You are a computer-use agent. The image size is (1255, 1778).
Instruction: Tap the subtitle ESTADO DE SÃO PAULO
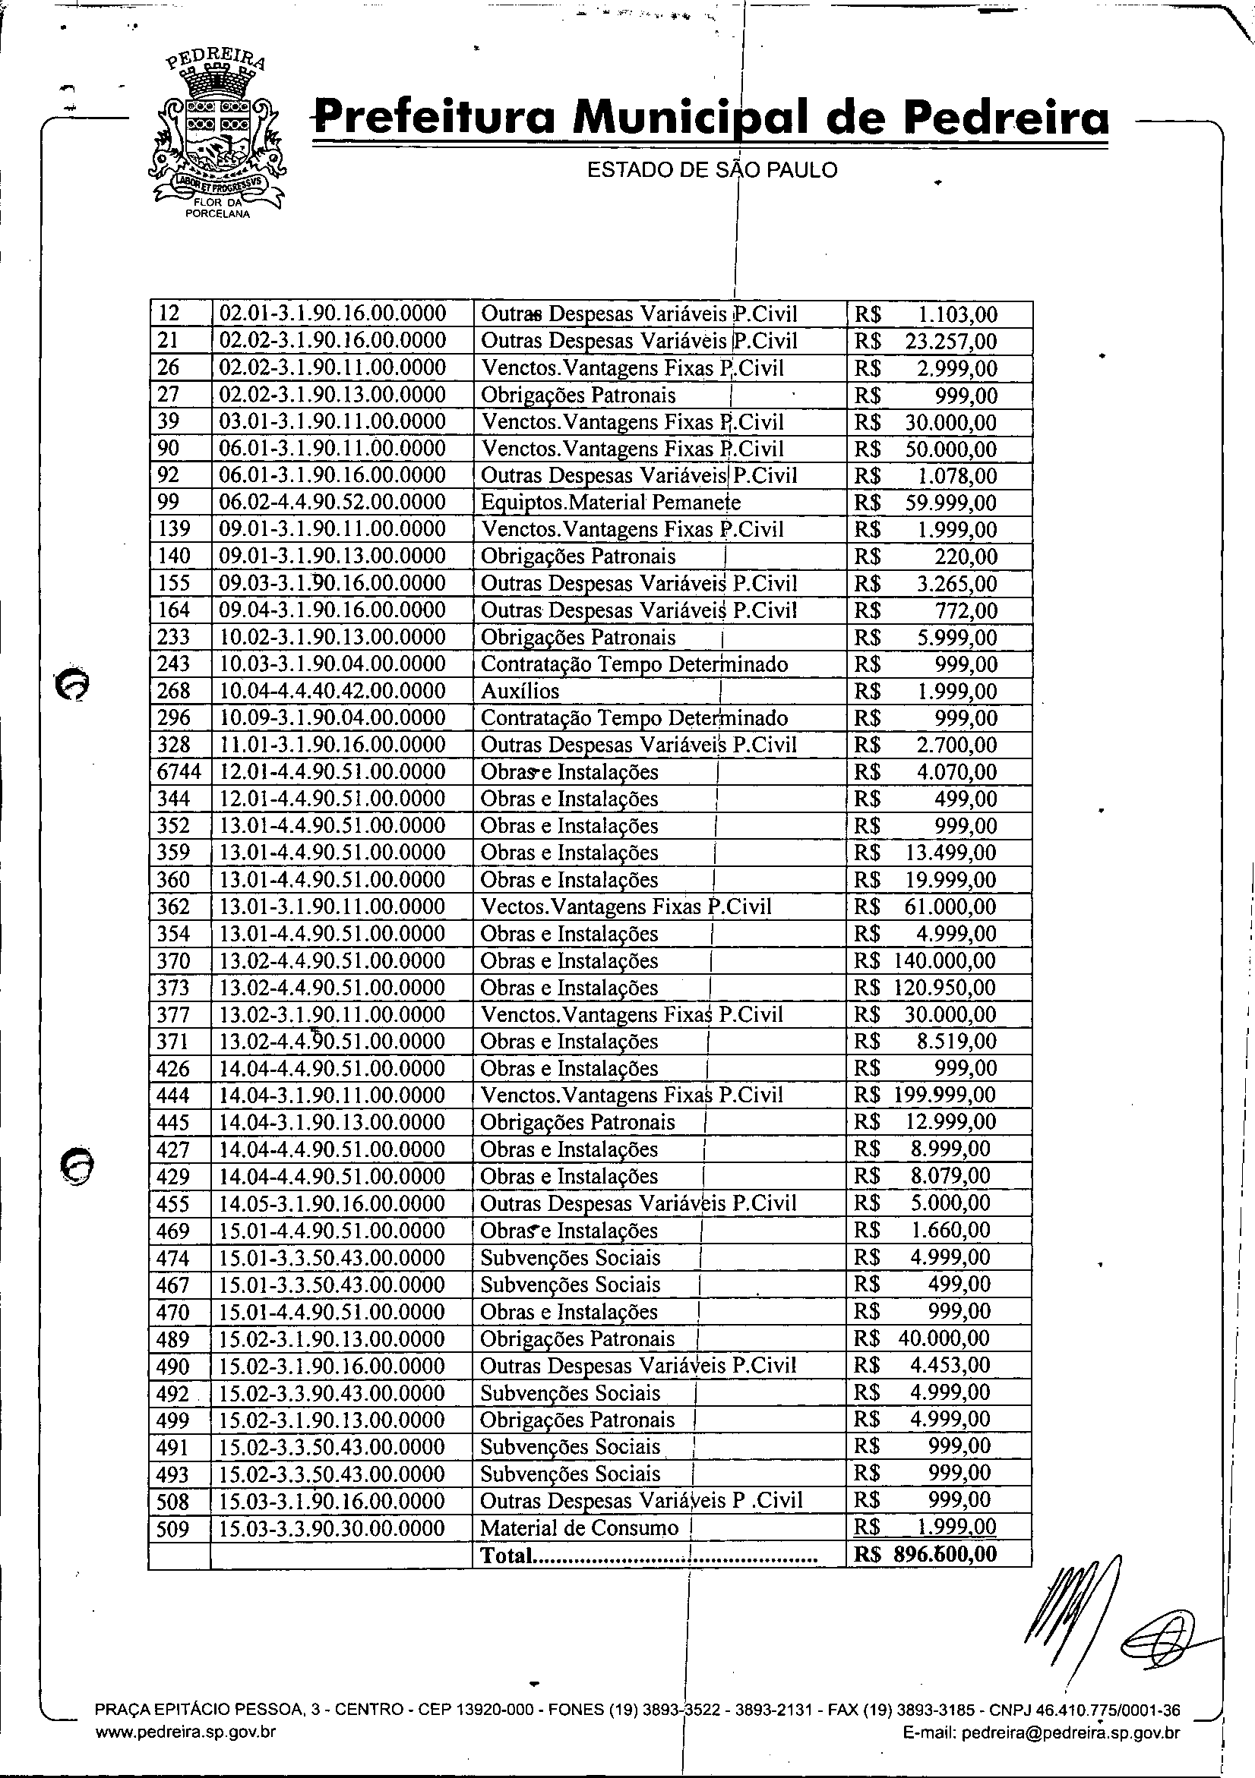coord(712,169)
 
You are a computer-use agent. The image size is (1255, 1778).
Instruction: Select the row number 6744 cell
coord(179,772)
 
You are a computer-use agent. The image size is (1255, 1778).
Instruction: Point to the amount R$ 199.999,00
coord(925,1095)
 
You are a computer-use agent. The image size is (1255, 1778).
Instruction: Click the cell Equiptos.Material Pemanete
coord(611,503)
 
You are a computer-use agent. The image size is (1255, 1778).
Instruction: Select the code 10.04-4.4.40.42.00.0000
coord(333,691)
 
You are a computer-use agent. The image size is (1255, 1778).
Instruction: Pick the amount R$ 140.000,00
coord(925,961)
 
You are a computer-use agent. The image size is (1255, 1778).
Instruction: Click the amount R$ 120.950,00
coord(925,988)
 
